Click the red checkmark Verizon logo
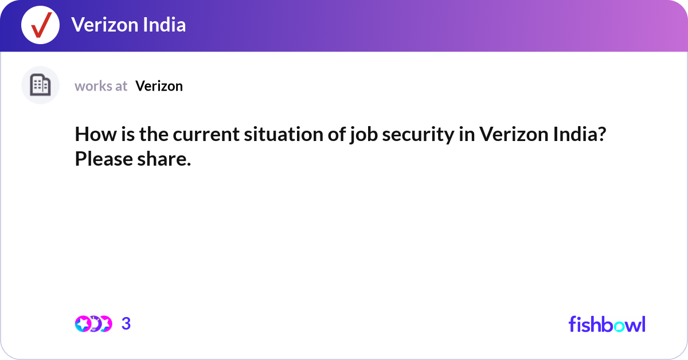coord(40,25)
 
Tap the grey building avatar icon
coord(40,85)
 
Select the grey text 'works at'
coord(101,86)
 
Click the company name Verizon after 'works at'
coord(159,86)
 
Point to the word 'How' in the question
coord(91,135)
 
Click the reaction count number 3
coord(126,324)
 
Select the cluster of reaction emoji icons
coord(93,324)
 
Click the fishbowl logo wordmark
coord(607,324)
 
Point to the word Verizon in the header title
coord(103,25)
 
